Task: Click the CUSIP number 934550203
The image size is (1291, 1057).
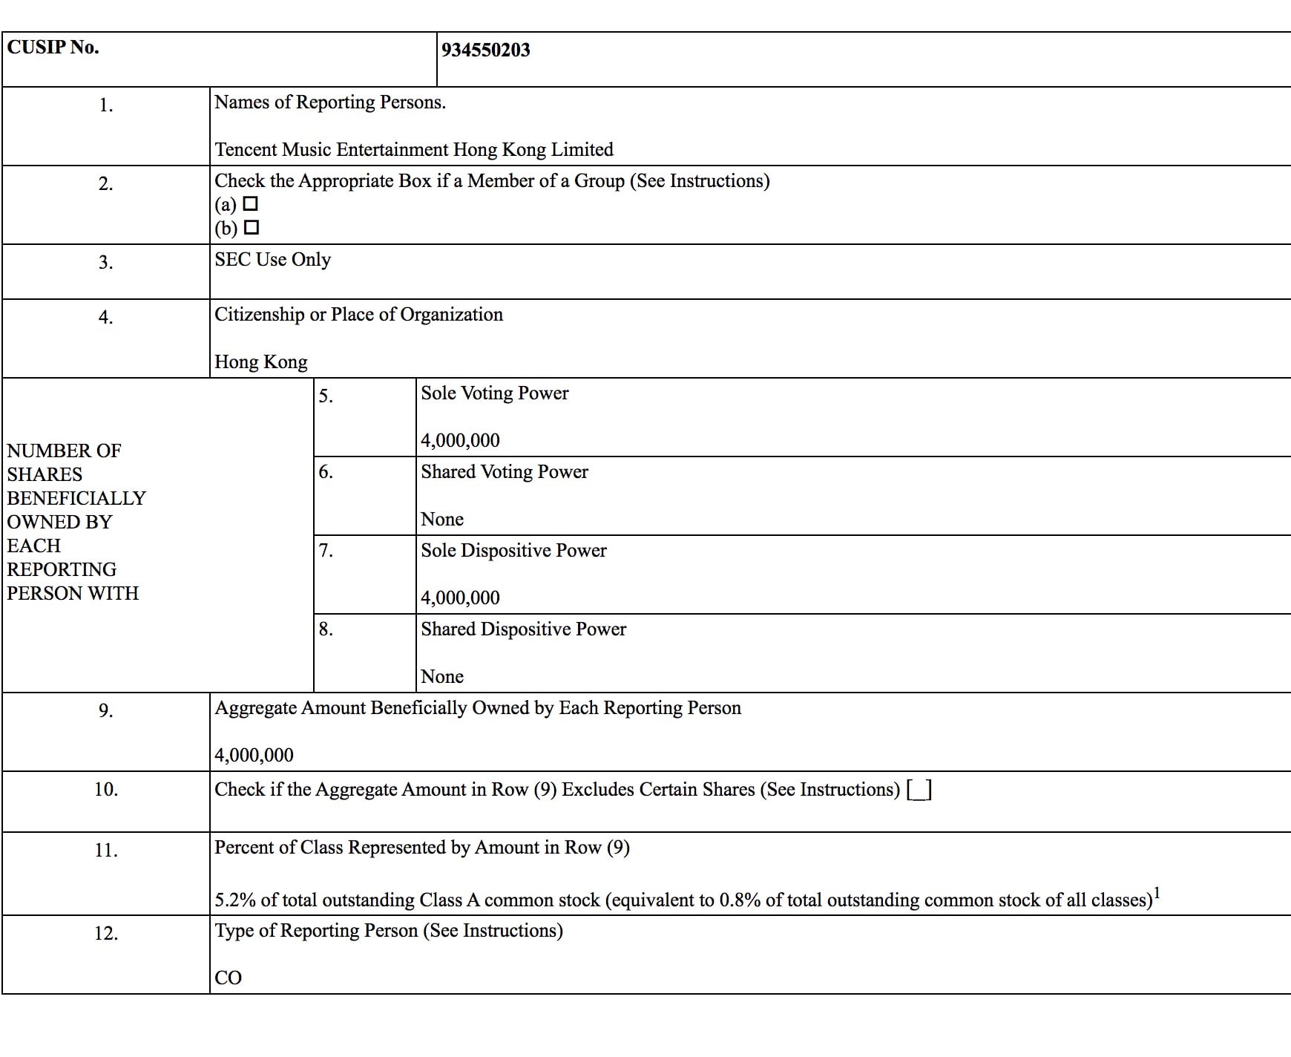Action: click(x=485, y=50)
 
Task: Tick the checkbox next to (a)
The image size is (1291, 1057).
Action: click(x=251, y=203)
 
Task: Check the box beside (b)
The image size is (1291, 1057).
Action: click(x=252, y=227)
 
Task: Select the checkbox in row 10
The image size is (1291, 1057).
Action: click(x=919, y=790)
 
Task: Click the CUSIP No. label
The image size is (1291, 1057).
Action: click(x=53, y=48)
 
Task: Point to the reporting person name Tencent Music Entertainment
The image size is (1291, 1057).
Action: click(x=413, y=150)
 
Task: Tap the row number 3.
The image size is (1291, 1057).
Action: click(x=105, y=263)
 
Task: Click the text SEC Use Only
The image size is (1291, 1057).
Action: click(x=272, y=260)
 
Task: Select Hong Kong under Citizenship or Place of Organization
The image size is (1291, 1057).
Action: click(x=260, y=362)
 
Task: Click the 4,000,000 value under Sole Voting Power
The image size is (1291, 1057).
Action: click(x=460, y=441)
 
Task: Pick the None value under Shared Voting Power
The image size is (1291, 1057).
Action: click(x=441, y=520)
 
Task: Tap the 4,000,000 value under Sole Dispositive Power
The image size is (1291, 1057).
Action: click(x=460, y=598)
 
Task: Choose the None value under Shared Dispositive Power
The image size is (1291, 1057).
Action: click(x=441, y=677)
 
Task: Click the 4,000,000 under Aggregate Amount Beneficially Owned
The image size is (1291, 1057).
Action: click(x=254, y=756)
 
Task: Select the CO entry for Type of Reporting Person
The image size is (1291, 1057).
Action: click(x=228, y=978)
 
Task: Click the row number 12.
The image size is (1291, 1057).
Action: click(x=105, y=934)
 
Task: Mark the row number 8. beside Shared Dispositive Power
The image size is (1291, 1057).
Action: click(x=325, y=629)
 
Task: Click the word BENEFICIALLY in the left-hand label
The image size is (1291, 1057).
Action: click(x=76, y=498)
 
